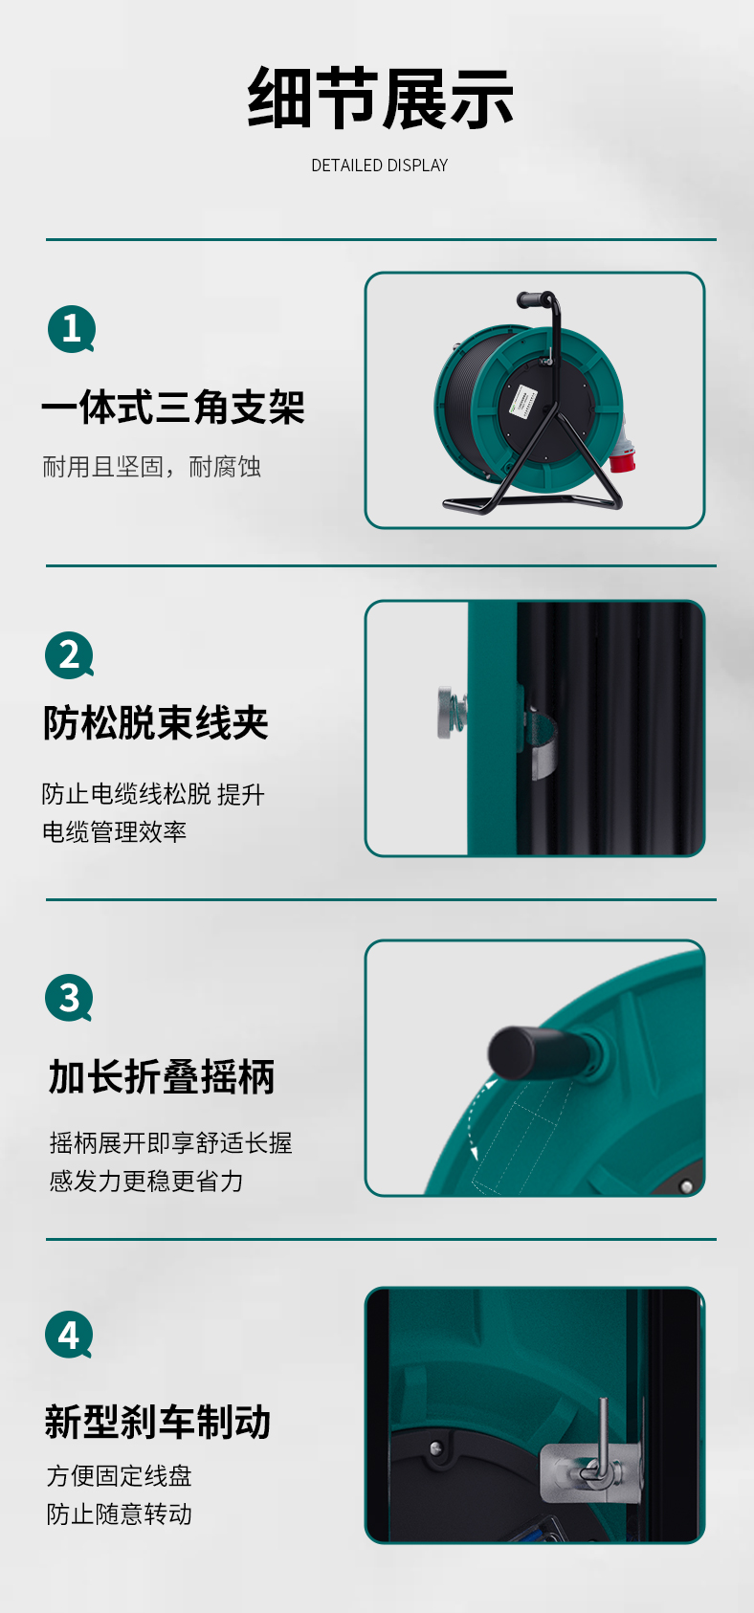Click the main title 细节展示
pyautogui.click(x=380, y=98)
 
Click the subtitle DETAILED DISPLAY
pyautogui.click(x=380, y=166)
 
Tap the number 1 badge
pyautogui.click(x=72, y=329)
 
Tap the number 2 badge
pyautogui.click(x=69, y=654)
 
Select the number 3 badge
pyautogui.click(x=69, y=997)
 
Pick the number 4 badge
pyautogui.click(x=69, y=1335)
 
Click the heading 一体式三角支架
pyautogui.click(x=173, y=407)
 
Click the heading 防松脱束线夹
pyautogui.click(x=156, y=723)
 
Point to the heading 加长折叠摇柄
pyautogui.click(x=162, y=1077)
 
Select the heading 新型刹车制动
pyautogui.click(x=158, y=1423)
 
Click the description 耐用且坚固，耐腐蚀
pyautogui.click(x=151, y=467)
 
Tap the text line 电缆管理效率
pyautogui.click(x=115, y=831)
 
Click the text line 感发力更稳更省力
pyautogui.click(x=146, y=1181)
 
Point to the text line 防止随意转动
pyautogui.click(x=119, y=1514)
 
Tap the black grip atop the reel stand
pyautogui.click(x=533, y=298)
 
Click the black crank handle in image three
pyautogui.click(x=534, y=1052)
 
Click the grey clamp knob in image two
pyautogui.click(x=452, y=714)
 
